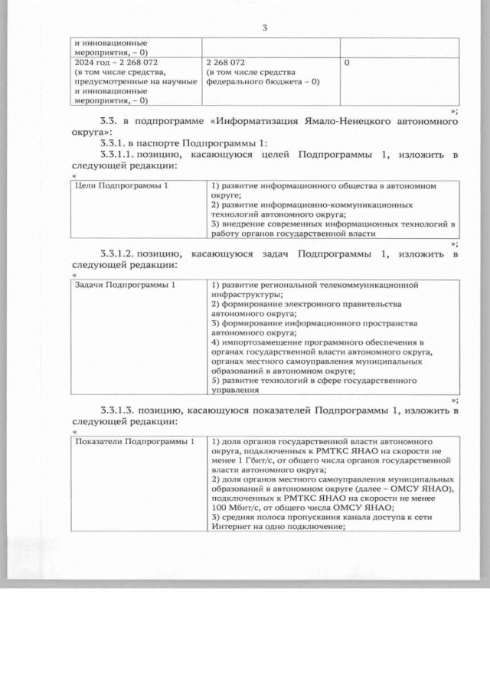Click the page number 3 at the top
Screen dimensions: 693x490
[264, 28]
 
